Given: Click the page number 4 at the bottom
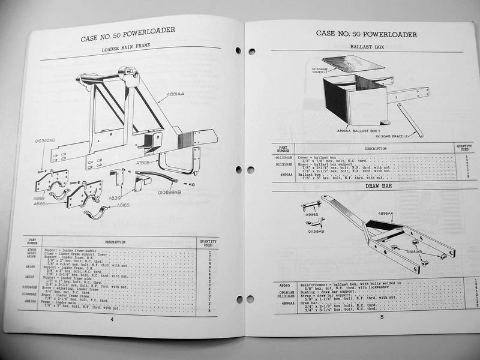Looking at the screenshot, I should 112,320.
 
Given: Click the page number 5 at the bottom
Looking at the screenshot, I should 382,317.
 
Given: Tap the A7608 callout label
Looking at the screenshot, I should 143,162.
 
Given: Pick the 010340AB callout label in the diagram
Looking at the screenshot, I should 44,142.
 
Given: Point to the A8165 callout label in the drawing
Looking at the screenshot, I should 123,205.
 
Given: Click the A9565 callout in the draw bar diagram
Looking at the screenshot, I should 311,214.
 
